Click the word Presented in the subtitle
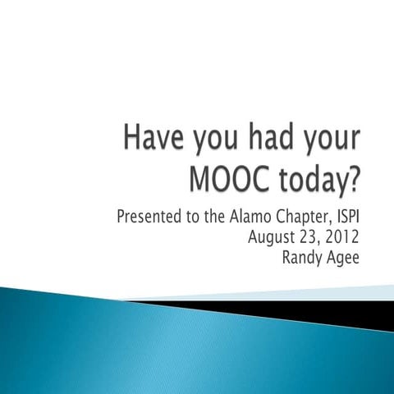(148, 218)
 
